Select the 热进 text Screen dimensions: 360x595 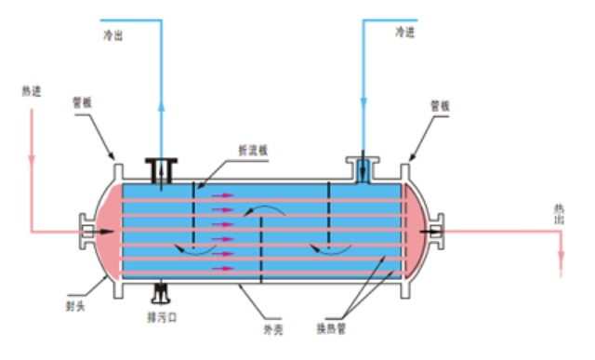(x=32, y=91)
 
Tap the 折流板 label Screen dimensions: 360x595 (x=253, y=151)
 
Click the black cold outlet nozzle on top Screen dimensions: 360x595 (x=162, y=170)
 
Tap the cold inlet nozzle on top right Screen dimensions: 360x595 (x=364, y=168)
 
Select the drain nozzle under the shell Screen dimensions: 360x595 (x=163, y=294)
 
